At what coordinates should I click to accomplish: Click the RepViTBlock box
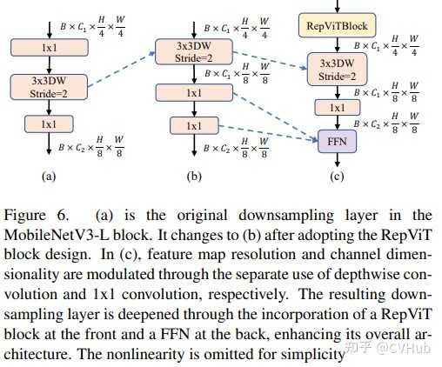tap(338, 25)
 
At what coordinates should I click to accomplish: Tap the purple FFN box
tap(337, 142)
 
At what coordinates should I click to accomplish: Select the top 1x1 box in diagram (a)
tap(50, 47)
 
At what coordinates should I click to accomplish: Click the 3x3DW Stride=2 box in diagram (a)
tap(49, 87)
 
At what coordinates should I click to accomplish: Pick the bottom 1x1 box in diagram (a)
tap(49, 124)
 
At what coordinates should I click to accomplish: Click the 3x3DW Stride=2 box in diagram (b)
tap(194, 52)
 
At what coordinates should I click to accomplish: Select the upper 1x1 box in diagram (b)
tap(194, 93)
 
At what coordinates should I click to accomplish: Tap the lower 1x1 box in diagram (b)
tap(194, 125)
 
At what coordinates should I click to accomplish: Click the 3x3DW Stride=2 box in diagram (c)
tap(337, 70)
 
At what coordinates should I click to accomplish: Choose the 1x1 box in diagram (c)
tap(338, 108)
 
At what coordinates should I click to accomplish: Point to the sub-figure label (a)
tap(49, 176)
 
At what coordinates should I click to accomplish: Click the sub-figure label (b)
tap(194, 176)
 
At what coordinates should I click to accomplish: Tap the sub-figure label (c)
tap(337, 176)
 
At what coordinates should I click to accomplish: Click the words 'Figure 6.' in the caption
tap(37, 216)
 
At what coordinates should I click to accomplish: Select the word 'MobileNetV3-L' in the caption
tap(57, 235)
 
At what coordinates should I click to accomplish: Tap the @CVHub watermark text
tap(403, 347)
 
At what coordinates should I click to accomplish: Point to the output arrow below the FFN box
tap(337, 160)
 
